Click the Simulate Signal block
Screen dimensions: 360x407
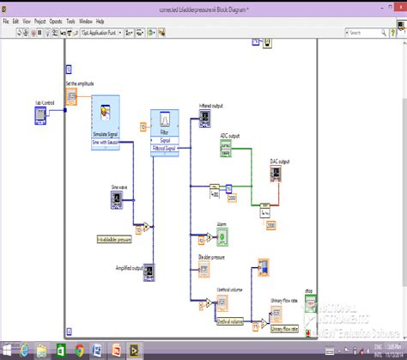(105, 119)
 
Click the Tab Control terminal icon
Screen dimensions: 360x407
(40, 116)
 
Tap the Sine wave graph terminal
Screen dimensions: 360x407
(117, 200)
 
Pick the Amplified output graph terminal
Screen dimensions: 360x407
(148, 273)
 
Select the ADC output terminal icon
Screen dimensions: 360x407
(226, 149)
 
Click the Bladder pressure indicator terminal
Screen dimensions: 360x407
(205, 271)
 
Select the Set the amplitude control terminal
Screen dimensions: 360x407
(71, 96)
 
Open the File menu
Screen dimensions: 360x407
(6, 20)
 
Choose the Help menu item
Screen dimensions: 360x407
(100, 20)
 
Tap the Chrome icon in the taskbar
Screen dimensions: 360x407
(80, 350)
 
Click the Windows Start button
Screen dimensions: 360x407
(8, 350)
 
